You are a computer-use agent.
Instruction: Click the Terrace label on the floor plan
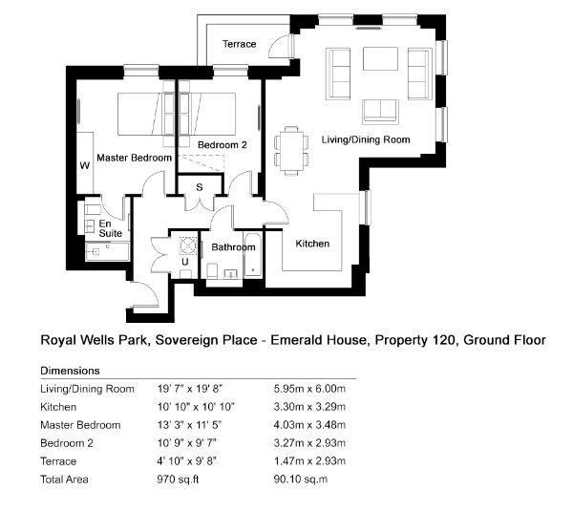240,44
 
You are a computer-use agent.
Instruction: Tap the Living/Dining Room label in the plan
366,139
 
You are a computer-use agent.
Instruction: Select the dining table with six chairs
291,150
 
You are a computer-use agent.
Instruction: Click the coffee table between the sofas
380,58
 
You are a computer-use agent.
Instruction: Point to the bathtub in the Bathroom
252,255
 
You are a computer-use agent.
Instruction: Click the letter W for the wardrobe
85,166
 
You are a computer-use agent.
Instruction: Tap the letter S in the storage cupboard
200,187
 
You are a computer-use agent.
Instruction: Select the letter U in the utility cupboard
185,262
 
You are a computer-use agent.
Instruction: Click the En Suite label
111,228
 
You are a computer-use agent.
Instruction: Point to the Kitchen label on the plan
312,244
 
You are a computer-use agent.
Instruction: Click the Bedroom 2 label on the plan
223,145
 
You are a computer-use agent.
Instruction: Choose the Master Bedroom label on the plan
134,158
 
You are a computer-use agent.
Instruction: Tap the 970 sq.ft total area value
178,480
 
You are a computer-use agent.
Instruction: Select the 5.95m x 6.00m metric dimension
309,389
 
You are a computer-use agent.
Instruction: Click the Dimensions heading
70,371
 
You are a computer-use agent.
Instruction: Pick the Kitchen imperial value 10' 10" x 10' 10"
196,407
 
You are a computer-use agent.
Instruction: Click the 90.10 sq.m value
301,480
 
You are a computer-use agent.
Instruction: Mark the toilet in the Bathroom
212,270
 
